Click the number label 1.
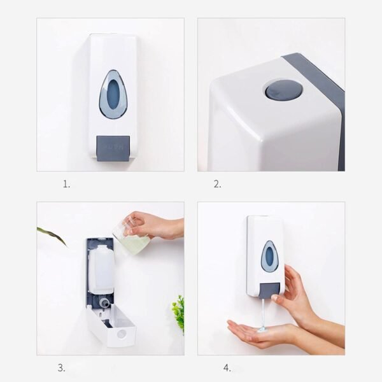click(66, 185)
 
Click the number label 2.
click(217, 185)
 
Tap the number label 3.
click(62, 368)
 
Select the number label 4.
click(227, 368)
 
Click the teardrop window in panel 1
click(113, 94)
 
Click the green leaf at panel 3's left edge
click(51, 234)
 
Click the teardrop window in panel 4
click(270, 256)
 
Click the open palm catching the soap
click(255, 332)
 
